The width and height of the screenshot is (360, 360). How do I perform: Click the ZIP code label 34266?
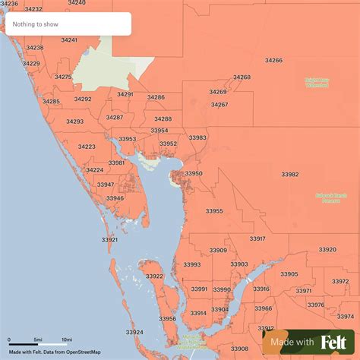pos(273,60)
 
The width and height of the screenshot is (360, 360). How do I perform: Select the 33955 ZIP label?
pos(214,211)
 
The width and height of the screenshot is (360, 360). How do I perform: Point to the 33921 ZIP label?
pos(109,239)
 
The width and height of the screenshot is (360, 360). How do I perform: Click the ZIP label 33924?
pos(134,332)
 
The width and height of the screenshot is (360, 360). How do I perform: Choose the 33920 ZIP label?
pos(327,249)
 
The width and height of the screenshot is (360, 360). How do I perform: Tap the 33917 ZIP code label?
pos(257,238)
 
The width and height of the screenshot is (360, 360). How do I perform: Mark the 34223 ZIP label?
pos(87,147)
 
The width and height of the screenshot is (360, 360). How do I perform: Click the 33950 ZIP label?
pos(194,173)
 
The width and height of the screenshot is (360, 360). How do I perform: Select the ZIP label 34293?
pos(74,122)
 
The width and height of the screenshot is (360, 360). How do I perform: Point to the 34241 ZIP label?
pos(69,39)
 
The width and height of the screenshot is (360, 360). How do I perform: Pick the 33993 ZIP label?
pos(192,264)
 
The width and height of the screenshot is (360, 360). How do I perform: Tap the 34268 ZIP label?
pos(242,77)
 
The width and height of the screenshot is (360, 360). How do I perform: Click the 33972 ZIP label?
pos(340,281)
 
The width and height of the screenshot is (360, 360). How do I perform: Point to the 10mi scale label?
pos(67,339)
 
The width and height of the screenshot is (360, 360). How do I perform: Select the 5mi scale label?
pos(37,339)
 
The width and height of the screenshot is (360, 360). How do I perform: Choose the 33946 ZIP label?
pos(115,198)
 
